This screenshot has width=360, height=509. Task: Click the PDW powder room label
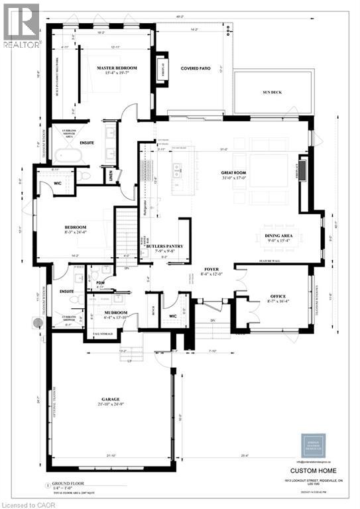(102, 282)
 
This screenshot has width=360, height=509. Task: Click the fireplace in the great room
(302, 168)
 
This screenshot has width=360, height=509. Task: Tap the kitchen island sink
(177, 167)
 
